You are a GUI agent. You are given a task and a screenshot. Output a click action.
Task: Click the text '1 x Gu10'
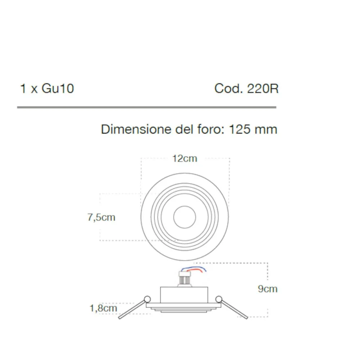(x=47, y=89)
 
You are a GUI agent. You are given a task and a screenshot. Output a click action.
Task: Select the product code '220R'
(x=263, y=89)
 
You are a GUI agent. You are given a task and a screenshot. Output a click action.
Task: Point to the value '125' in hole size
(x=240, y=129)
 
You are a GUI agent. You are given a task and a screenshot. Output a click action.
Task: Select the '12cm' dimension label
(x=184, y=158)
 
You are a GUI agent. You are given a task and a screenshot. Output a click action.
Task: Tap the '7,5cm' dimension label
(x=101, y=217)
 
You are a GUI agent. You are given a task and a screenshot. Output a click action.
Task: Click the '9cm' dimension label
(x=267, y=289)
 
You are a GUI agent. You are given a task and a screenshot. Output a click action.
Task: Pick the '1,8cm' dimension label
(x=103, y=308)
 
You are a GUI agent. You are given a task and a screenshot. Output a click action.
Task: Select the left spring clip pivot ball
(x=147, y=298)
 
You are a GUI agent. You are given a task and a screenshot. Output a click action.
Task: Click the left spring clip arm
(x=131, y=309)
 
